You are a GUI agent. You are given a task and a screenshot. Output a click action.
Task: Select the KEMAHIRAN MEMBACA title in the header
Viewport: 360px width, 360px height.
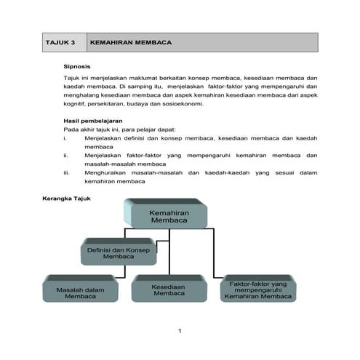coord(130,43)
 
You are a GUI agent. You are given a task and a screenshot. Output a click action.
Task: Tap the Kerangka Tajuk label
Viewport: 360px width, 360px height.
coord(66,197)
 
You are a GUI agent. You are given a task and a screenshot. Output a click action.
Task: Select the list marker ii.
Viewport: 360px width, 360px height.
coord(66,155)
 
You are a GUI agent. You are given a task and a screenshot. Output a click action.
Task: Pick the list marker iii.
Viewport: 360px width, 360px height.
coord(67,172)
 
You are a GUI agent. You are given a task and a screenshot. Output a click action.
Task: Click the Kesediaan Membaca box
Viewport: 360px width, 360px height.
coord(169,290)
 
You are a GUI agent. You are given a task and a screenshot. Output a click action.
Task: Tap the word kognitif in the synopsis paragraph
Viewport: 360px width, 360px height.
coord(77,103)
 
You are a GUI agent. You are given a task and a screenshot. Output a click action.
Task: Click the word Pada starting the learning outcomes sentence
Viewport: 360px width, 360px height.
coord(71,129)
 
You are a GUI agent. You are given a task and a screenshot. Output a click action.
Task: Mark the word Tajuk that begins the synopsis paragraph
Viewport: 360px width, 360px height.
coord(73,77)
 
